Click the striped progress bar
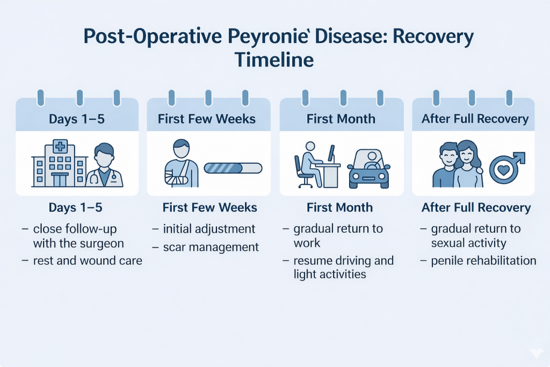[233, 168]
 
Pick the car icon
[369, 168]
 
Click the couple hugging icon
[458, 164]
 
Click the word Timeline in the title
[274, 59]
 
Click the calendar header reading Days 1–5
[77, 119]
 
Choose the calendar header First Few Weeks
[207, 119]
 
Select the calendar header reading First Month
[341, 119]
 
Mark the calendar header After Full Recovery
[475, 119]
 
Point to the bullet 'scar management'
[211, 247]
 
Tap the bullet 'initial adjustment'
[209, 229]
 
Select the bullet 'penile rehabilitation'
[483, 261]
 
